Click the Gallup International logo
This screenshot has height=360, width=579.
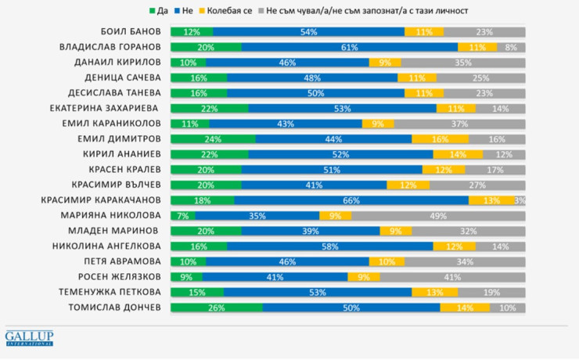point(29,338)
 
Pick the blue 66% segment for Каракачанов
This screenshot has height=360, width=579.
point(351,200)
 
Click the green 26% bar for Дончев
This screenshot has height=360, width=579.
point(216,307)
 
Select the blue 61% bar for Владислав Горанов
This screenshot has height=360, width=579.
point(350,47)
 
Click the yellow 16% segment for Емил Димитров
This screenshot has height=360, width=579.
point(441,139)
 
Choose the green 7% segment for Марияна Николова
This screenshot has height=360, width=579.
point(183,215)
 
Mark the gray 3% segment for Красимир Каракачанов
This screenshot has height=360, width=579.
point(520,200)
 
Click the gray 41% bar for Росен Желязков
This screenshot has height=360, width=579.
point(453,276)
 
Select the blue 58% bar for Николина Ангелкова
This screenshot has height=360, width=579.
point(330,246)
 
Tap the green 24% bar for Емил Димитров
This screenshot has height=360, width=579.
point(213,139)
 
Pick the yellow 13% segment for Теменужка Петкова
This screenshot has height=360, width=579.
point(436,292)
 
